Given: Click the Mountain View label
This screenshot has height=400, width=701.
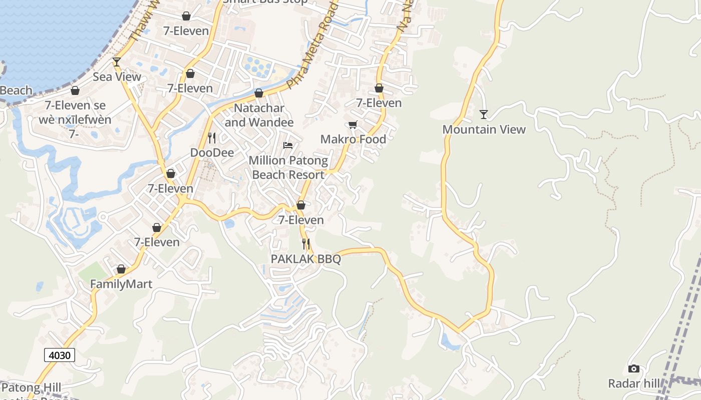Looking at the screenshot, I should coord(484,129).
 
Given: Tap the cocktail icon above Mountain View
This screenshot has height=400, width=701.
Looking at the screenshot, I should coord(483,114).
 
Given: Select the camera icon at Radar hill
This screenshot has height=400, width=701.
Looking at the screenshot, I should coord(634,369).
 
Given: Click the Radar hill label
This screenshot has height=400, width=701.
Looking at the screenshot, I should coord(633,383).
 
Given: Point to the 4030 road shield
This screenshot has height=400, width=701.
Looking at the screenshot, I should coord(60,355).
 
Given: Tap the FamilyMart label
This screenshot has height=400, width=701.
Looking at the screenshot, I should coord(121,284).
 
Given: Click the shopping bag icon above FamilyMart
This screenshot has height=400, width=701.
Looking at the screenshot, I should coord(121,269).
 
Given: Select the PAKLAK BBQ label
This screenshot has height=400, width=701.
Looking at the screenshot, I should coord(305,259).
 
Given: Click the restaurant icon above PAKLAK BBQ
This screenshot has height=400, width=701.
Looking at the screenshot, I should coord(305,244).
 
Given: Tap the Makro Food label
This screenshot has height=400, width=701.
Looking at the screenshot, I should coord(353,139).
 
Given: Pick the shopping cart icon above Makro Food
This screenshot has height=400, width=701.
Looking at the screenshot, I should coord(353,124).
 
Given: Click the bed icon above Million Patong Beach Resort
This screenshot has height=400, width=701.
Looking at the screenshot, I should coord(288,145).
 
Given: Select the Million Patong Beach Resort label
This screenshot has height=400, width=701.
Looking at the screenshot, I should coord(288,167).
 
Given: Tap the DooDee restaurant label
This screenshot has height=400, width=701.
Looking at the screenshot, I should coord(212,152).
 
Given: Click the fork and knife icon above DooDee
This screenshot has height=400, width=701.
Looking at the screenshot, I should coord(212,137).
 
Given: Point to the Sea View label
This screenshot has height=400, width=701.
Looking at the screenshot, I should coord(117,77).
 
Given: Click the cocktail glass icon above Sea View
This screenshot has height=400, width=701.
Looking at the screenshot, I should coord(117,62).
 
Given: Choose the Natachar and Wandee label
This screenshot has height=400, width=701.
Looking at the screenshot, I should coord(259,115).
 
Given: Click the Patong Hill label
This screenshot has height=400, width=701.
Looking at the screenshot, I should coord(31,387).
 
